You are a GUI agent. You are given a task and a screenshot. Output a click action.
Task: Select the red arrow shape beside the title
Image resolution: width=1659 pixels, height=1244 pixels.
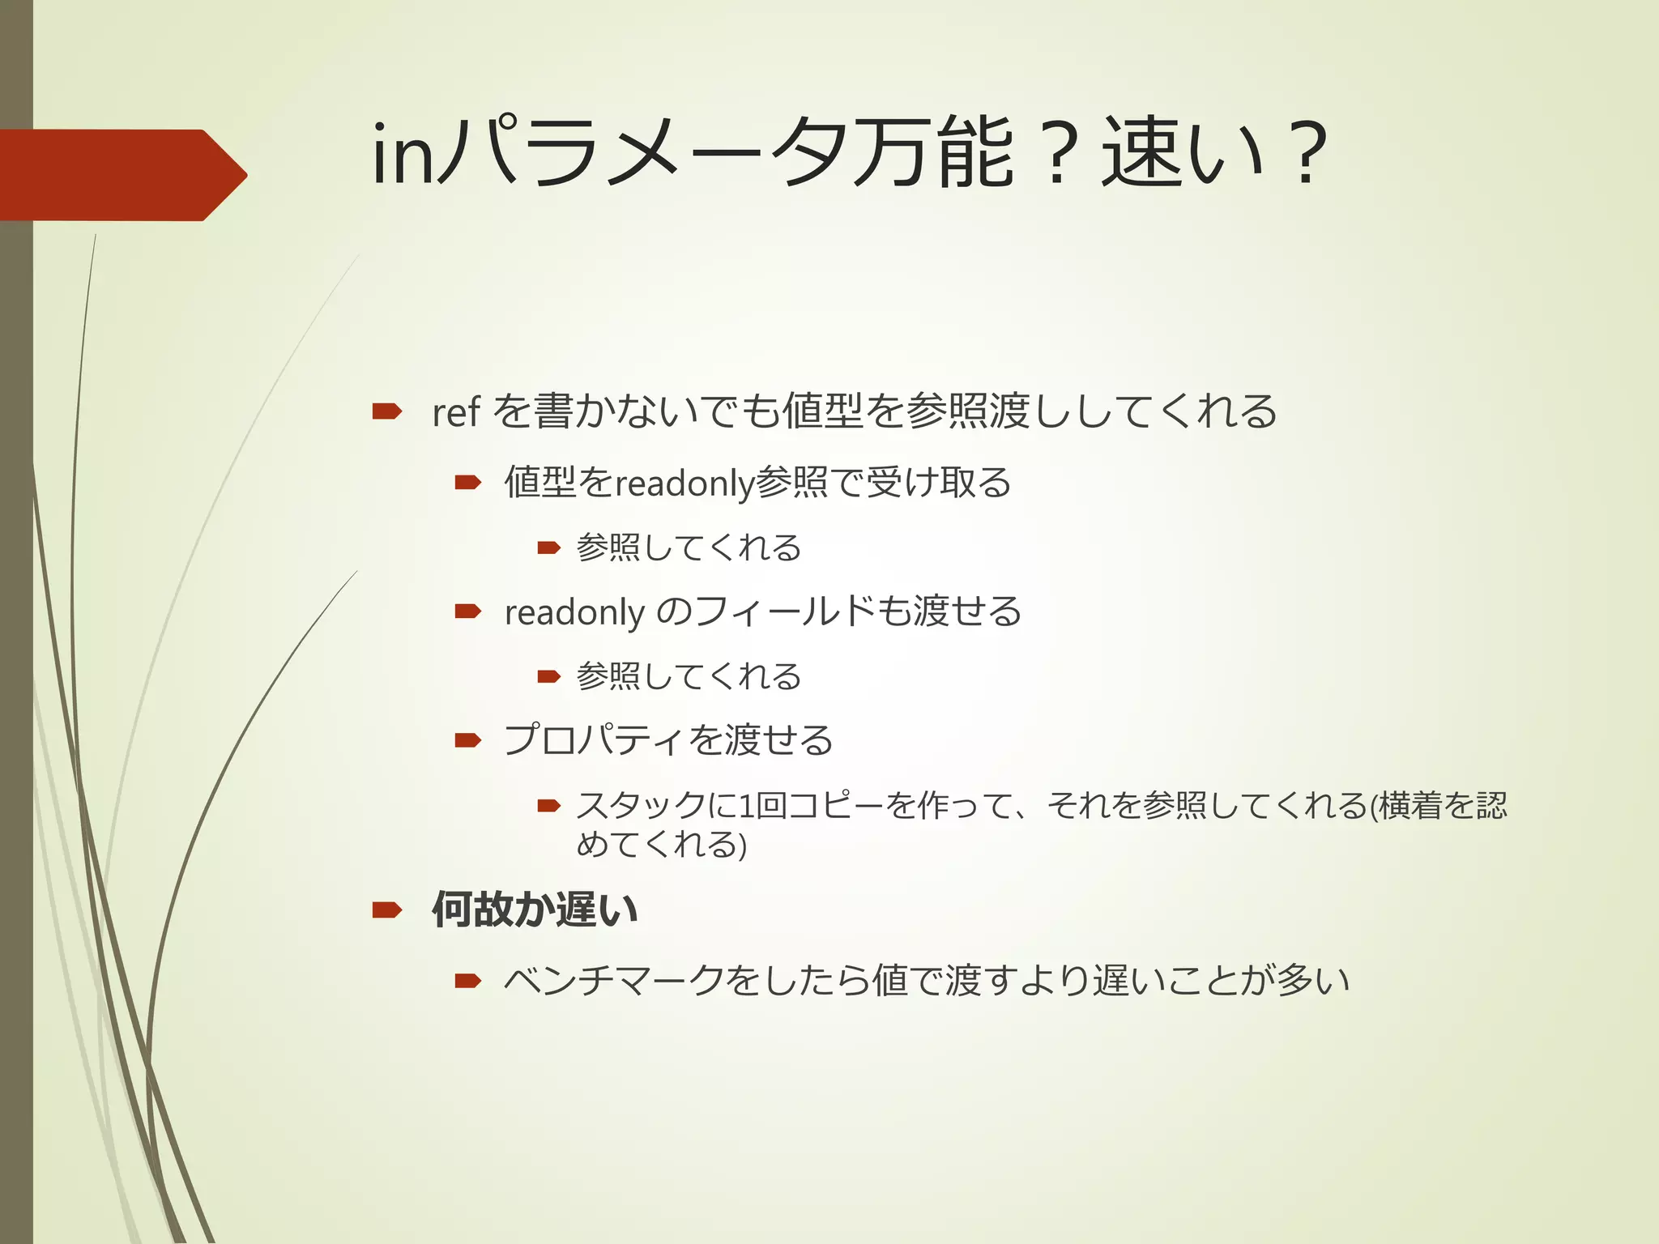[122, 175]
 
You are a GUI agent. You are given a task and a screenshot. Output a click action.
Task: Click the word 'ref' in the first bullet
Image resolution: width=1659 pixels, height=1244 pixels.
[456, 412]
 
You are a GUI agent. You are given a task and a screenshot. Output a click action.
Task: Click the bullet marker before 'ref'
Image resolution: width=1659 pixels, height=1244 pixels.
[387, 412]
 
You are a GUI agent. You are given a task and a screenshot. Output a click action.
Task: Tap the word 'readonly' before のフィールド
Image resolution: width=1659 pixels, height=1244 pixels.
[574, 612]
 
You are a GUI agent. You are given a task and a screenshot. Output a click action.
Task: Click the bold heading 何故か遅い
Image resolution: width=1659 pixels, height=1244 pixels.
[535, 910]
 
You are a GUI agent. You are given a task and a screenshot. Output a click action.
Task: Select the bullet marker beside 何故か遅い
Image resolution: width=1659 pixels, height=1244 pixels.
[387, 910]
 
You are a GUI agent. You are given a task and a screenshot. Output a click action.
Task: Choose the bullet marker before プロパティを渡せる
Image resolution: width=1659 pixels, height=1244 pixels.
[468, 740]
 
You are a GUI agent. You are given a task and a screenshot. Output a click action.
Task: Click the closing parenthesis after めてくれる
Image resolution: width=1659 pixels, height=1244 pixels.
[741, 846]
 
